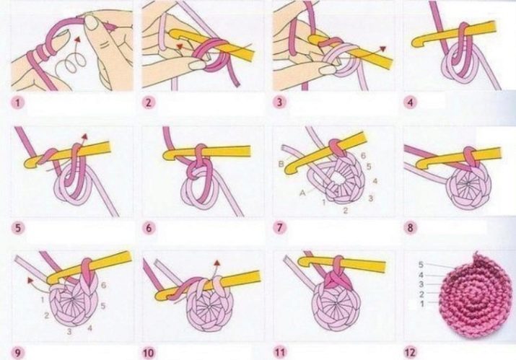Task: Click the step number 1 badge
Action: point(17,103)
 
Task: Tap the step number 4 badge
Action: point(410,102)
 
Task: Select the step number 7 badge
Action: point(280,228)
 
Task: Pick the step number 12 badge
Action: point(410,353)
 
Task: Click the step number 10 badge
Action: point(149,353)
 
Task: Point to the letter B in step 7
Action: point(281,163)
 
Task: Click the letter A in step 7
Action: point(302,193)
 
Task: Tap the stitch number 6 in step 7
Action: point(363,155)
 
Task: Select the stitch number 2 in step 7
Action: point(345,210)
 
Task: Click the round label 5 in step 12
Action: point(421,265)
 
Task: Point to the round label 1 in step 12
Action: point(422,304)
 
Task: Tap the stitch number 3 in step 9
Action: point(69,332)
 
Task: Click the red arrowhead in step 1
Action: point(78,40)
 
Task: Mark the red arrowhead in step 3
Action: point(382,49)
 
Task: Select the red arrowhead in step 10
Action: point(217,263)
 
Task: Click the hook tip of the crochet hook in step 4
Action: point(415,42)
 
